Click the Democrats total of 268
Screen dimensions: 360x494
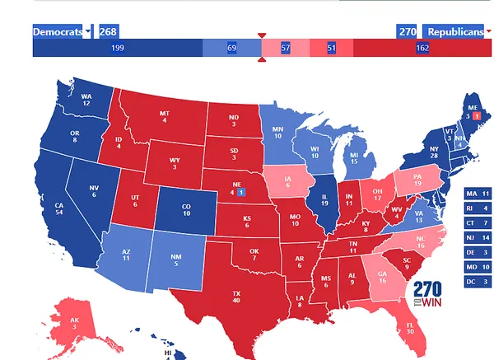coord(108,32)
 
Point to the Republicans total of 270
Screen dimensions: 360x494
coord(408,32)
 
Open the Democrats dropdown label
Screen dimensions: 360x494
coord(62,32)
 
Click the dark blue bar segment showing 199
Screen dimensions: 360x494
coord(117,49)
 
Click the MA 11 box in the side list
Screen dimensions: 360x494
coord(478,194)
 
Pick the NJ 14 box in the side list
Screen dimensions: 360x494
coord(478,238)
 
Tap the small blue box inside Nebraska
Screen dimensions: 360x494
coord(240,193)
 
